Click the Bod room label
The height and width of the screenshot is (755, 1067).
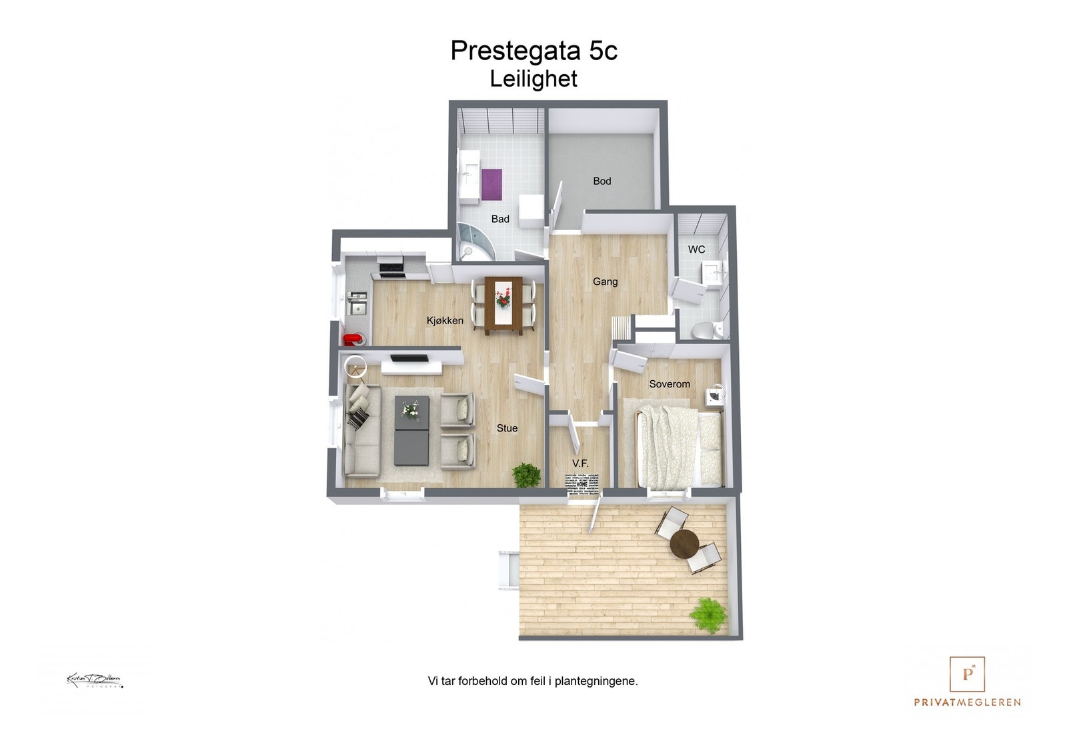pos(602,181)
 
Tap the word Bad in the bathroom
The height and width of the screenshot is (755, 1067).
pos(500,219)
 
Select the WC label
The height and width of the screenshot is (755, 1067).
pos(696,249)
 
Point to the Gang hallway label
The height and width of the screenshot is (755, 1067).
pos(605,281)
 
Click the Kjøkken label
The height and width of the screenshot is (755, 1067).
pos(445,321)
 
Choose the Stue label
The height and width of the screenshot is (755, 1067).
pos(507,428)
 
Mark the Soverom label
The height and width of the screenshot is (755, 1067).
pos(669,384)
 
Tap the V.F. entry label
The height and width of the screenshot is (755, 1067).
pos(580,463)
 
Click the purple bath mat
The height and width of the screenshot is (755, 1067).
pos(491,185)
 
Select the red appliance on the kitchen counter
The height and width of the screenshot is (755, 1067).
pos(351,339)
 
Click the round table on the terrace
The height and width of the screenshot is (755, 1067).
pos(684,544)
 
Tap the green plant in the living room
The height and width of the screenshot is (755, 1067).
pos(527,475)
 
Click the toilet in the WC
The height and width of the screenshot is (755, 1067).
pos(704,330)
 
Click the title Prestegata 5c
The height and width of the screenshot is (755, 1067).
pos(533,51)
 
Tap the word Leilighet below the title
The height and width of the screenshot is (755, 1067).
pos(533,79)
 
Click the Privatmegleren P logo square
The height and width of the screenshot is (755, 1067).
pos(967,674)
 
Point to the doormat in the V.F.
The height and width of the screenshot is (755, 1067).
pos(583,484)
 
